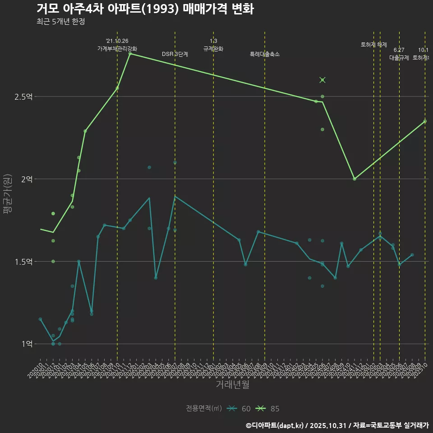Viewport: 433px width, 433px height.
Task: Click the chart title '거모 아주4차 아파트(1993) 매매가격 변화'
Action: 145,9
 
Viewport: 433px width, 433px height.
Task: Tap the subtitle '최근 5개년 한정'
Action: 60,22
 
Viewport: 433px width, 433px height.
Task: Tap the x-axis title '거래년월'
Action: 232,385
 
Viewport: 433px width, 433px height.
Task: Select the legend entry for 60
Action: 239,409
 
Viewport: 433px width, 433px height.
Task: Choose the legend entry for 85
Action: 267,409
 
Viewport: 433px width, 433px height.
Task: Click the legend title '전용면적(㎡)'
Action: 204,409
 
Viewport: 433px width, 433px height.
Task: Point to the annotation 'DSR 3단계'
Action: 175,54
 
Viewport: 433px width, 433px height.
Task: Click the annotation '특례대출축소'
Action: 265,54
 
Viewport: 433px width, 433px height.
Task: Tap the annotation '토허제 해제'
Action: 374,45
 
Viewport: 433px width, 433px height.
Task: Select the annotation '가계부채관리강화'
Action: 117,48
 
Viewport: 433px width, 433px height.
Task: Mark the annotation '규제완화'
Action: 213,49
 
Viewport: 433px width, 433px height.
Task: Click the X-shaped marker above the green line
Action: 322,80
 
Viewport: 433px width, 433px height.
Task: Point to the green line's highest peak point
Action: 130,54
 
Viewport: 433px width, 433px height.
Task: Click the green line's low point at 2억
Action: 355,179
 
